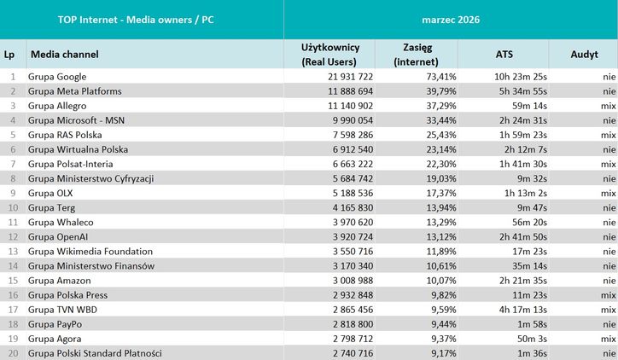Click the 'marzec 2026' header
(x=450, y=19)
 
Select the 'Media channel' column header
(x=65, y=54)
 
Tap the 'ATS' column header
(x=504, y=54)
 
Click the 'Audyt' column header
(x=585, y=54)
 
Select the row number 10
(x=12, y=207)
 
